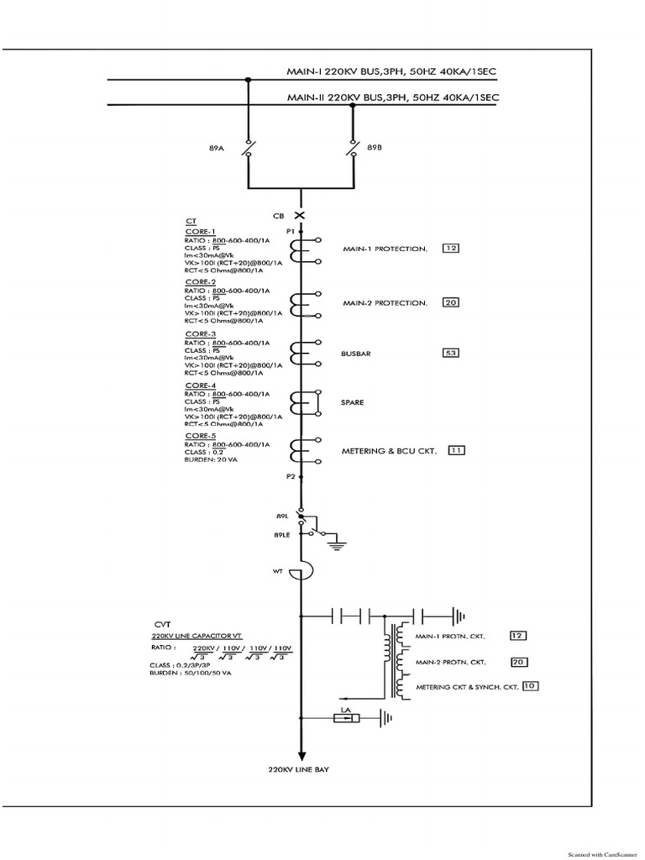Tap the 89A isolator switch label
coord(216,147)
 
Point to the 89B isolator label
coord(375,147)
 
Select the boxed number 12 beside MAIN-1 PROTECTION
coord(451,249)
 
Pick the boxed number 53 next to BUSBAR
coord(451,354)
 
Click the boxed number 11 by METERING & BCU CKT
coord(457,450)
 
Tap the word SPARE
coord(353,402)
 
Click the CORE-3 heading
coord(201,334)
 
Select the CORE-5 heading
coord(201,436)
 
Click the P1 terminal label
coord(290,229)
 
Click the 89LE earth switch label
coord(281,534)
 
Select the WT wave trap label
coord(277,572)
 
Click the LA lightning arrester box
coord(345,717)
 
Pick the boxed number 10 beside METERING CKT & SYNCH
coord(529,686)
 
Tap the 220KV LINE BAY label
coord(298,769)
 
